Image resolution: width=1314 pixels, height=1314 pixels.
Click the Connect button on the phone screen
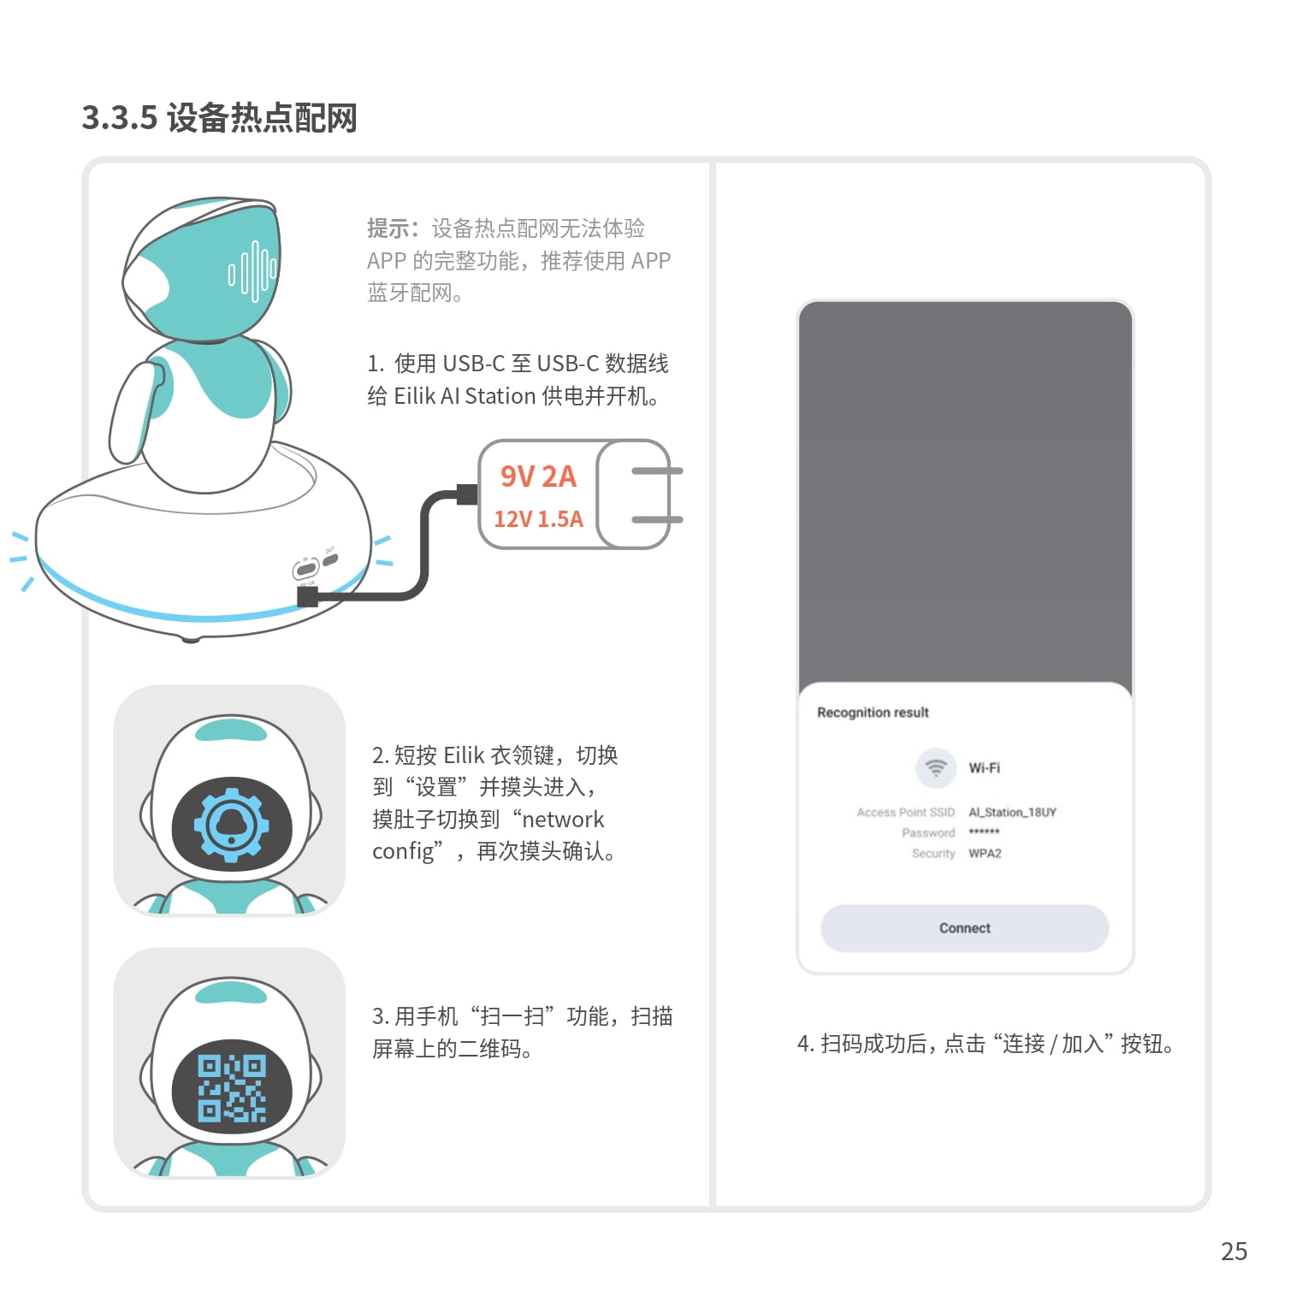pyautogui.click(x=964, y=928)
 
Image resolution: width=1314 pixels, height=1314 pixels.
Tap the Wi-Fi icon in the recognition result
pyautogui.click(x=936, y=767)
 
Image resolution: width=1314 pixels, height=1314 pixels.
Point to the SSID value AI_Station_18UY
pyautogui.click(x=1012, y=812)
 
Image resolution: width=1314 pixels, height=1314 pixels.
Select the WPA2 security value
pyautogui.click(x=985, y=853)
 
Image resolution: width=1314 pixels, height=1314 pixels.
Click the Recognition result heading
pyautogui.click(x=873, y=713)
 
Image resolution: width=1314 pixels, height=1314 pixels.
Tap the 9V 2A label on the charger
pyautogui.click(x=538, y=476)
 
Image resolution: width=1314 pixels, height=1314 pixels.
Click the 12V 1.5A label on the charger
pyautogui.click(x=538, y=518)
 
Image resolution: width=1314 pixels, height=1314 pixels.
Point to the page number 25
pyautogui.click(x=1234, y=1252)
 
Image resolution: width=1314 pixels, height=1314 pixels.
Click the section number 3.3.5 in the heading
pyautogui.click(x=120, y=118)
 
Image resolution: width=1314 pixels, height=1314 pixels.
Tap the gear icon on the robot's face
pyautogui.click(x=231, y=825)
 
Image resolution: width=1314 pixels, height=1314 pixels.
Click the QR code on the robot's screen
pyautogui.click(x=232, y=1087)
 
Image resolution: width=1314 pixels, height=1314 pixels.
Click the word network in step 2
pyautogui.click(x=563, y=820)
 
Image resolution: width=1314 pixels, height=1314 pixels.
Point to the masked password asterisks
pyautogui.click(x=984, y=832)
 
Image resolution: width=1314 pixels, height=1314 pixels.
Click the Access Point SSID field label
pyautogui.click(x=906, y=812)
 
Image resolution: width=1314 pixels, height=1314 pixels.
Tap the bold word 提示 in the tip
pyautogui.click(x=388, y=228)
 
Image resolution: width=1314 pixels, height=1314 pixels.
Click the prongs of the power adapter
pyautogui.click(x=657, y=494)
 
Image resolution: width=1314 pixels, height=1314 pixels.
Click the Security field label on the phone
pyautogui.click(x=933, y=853)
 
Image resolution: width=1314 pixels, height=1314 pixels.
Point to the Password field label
pyautogui.click(x=928, y=832)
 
